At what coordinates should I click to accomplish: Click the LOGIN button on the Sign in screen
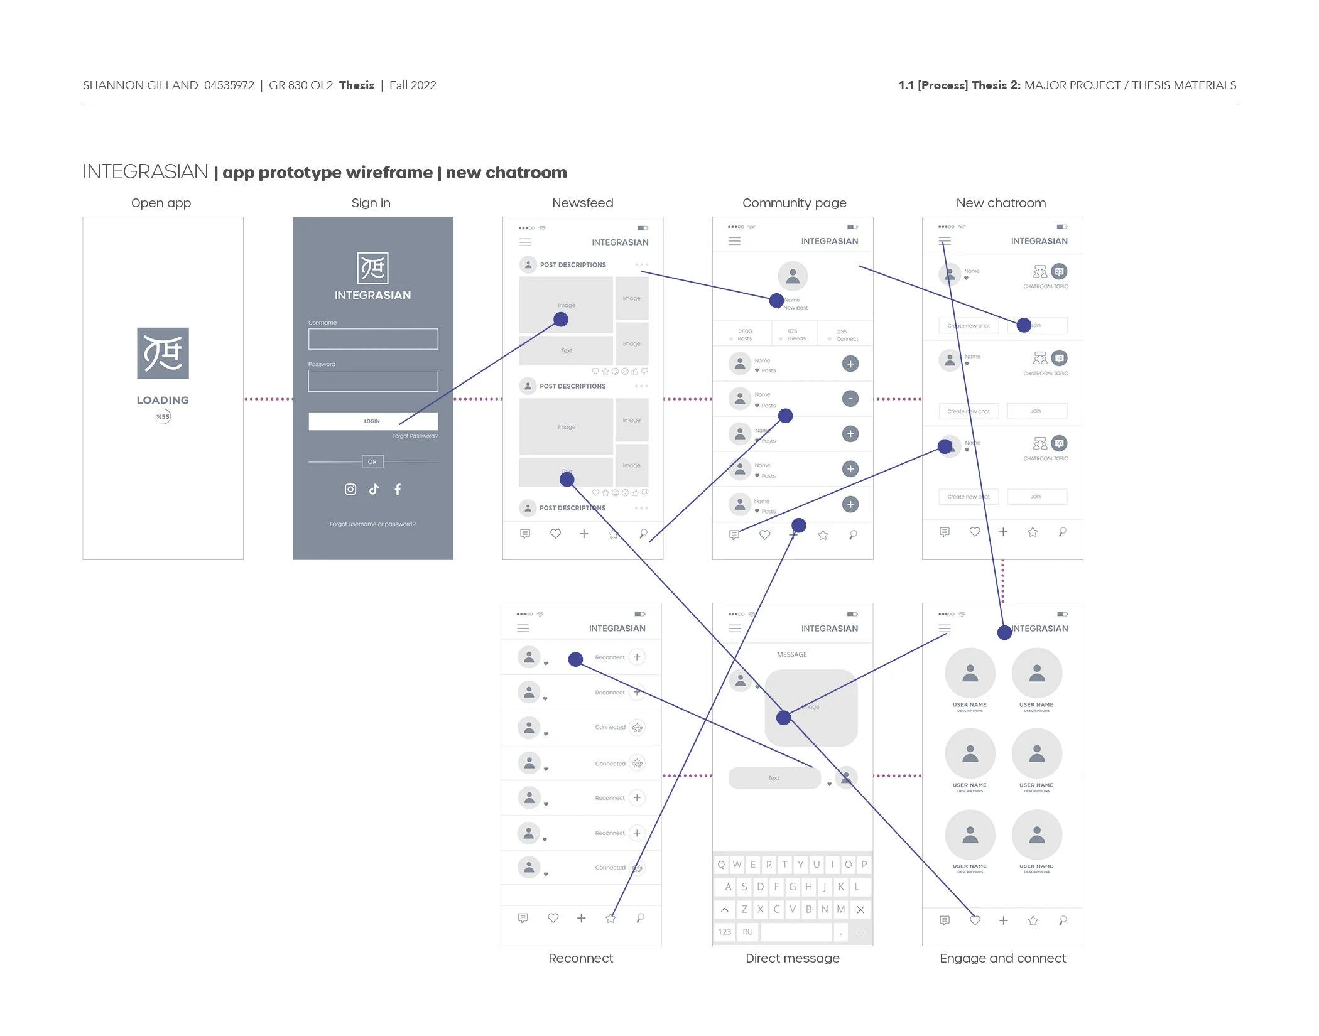(x=372, y=421)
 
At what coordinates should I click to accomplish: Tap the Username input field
(x=372, y=339)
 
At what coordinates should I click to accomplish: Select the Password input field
(x=372, y=380)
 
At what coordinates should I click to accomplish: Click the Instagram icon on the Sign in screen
(x=350, y=489)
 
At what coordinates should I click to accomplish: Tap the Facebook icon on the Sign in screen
(x=398, y=489)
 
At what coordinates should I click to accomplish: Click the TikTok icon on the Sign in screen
(x=374, y=489)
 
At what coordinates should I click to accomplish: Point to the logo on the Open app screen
(x=163, y=353)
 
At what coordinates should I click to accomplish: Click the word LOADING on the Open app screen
(x=163, y=400)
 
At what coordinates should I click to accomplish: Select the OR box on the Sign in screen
(x=372, y=462)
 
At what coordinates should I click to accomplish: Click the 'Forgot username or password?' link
(x=372, y=524)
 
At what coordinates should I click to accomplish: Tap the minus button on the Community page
(x=850, y=399)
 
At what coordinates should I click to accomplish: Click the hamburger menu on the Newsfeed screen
(x=526, y=242)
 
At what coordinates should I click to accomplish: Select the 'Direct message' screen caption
(x=792, y=958)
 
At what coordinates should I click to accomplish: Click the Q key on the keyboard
(x=721, y=865)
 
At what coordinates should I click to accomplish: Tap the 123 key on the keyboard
(x=725, y=932)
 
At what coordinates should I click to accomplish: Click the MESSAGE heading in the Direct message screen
(x=791, y=654)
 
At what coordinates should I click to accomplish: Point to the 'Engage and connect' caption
(x=1002, y=958)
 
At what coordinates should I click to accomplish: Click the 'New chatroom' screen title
(x=1001, y=203)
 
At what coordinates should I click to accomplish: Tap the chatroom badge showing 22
(x=1059, y=272)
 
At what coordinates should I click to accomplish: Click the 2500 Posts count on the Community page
(x=745, y=335)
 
